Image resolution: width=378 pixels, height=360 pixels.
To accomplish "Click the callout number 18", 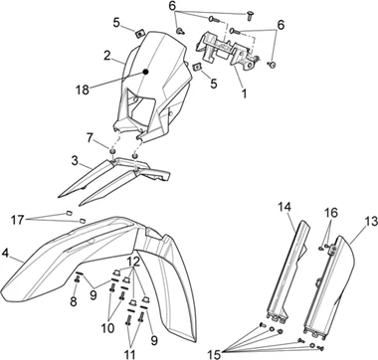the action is pyautogui.click(x=83, y=90).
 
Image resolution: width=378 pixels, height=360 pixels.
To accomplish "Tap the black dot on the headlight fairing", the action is pyautogui.click(x=145, y=72).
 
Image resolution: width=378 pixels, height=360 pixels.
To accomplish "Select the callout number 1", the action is pyautogui.click(x=244, y=93).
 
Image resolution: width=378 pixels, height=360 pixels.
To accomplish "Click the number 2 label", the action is pyautogui.click(x=106, y=56).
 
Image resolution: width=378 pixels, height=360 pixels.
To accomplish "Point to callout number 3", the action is pyautogui.click(x=75, y=161).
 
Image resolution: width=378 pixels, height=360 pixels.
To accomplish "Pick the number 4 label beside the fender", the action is pyautogui.click(x=5, y=254).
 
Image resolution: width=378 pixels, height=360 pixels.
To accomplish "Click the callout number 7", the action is pyautogui.click(x=90, y=137).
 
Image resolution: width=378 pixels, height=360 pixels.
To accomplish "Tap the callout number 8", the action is pyautogui.click(x=74, y=301).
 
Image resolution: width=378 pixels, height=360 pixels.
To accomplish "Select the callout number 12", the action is pyautogui.click(x=134, y=263).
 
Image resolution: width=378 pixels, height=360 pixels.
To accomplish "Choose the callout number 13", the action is pyautogui.click(x=371, y=222).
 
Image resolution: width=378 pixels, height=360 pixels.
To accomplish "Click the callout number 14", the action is pyautogui.click(x=284, y=208).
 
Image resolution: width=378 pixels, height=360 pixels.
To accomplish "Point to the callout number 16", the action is pyautogui.click(x=331, y=213).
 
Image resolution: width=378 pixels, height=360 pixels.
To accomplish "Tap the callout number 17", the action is pyautogui.click(x=17, y=219).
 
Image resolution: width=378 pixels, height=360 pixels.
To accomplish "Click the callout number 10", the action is pyautogui.click(x=108, y=328).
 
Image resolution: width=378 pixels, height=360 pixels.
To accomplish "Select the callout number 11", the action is pyautogui.click(x=129, y=354).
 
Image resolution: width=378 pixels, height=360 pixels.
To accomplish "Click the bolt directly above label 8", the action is pyautogui.click(x=78, y=280).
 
